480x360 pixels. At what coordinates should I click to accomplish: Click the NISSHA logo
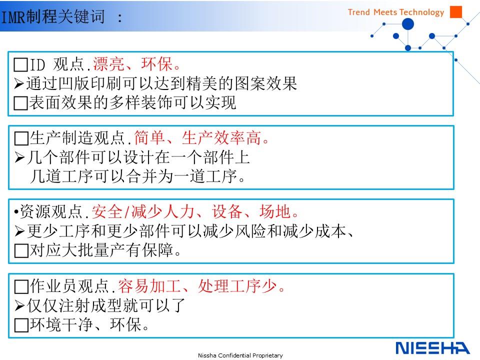click(432, 348)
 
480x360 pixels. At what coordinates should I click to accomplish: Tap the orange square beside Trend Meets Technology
click(456, 11)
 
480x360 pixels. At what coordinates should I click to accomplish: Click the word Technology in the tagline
click(422, 12)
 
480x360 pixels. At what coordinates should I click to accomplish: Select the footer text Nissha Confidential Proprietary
click(240, 355)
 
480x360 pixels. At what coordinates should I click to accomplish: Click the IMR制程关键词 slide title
click(53, 16)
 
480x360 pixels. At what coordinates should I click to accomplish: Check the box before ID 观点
click(21, 65)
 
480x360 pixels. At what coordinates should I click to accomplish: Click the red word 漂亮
click(108, 64)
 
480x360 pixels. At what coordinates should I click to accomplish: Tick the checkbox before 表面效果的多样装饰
click(21, 103)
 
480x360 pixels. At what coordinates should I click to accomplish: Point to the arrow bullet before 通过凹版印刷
click(19, 83)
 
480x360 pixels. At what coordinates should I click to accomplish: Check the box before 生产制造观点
click(21, 138)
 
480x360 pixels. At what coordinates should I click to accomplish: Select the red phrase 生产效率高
click(221, 138)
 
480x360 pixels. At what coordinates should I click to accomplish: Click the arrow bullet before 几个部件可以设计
click(19, 157)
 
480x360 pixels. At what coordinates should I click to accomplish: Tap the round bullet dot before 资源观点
click(16, 212)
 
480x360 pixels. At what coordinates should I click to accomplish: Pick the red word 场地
click(275, 211)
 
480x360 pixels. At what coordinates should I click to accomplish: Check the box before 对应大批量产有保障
click(21, 250)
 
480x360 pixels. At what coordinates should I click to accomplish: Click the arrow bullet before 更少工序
click(19, 231)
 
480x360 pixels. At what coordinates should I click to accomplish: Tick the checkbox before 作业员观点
click(21, 286)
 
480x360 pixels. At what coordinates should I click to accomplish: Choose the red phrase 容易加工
click(149, 286)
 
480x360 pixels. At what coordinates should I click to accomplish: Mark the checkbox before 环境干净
click(21, 325)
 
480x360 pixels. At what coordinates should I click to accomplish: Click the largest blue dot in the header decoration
click(408, 24)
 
